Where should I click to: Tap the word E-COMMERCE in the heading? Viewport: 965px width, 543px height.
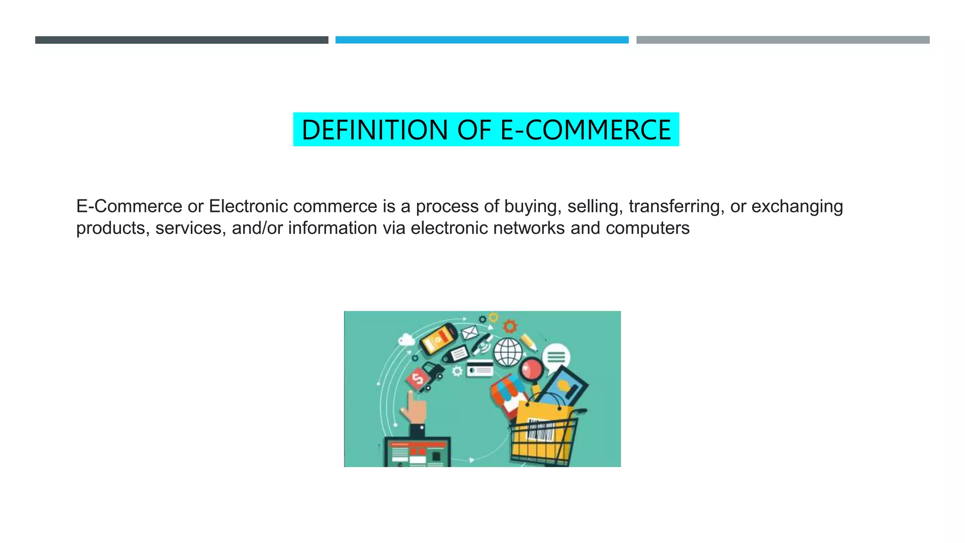point(586,130)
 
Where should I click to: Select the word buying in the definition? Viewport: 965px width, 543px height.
point(532,206)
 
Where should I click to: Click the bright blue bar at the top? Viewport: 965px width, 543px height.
point(482,40)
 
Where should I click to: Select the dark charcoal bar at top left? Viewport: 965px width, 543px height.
point(181,40)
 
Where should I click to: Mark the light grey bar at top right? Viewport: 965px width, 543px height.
point(783,40)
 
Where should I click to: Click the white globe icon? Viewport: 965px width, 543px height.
point(507,352)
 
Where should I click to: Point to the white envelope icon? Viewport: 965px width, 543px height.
point(470,333)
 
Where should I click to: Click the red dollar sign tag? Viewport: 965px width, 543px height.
point(417,378)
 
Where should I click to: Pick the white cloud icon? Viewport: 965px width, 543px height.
point(406,339)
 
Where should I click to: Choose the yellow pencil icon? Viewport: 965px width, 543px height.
point(529,342)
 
